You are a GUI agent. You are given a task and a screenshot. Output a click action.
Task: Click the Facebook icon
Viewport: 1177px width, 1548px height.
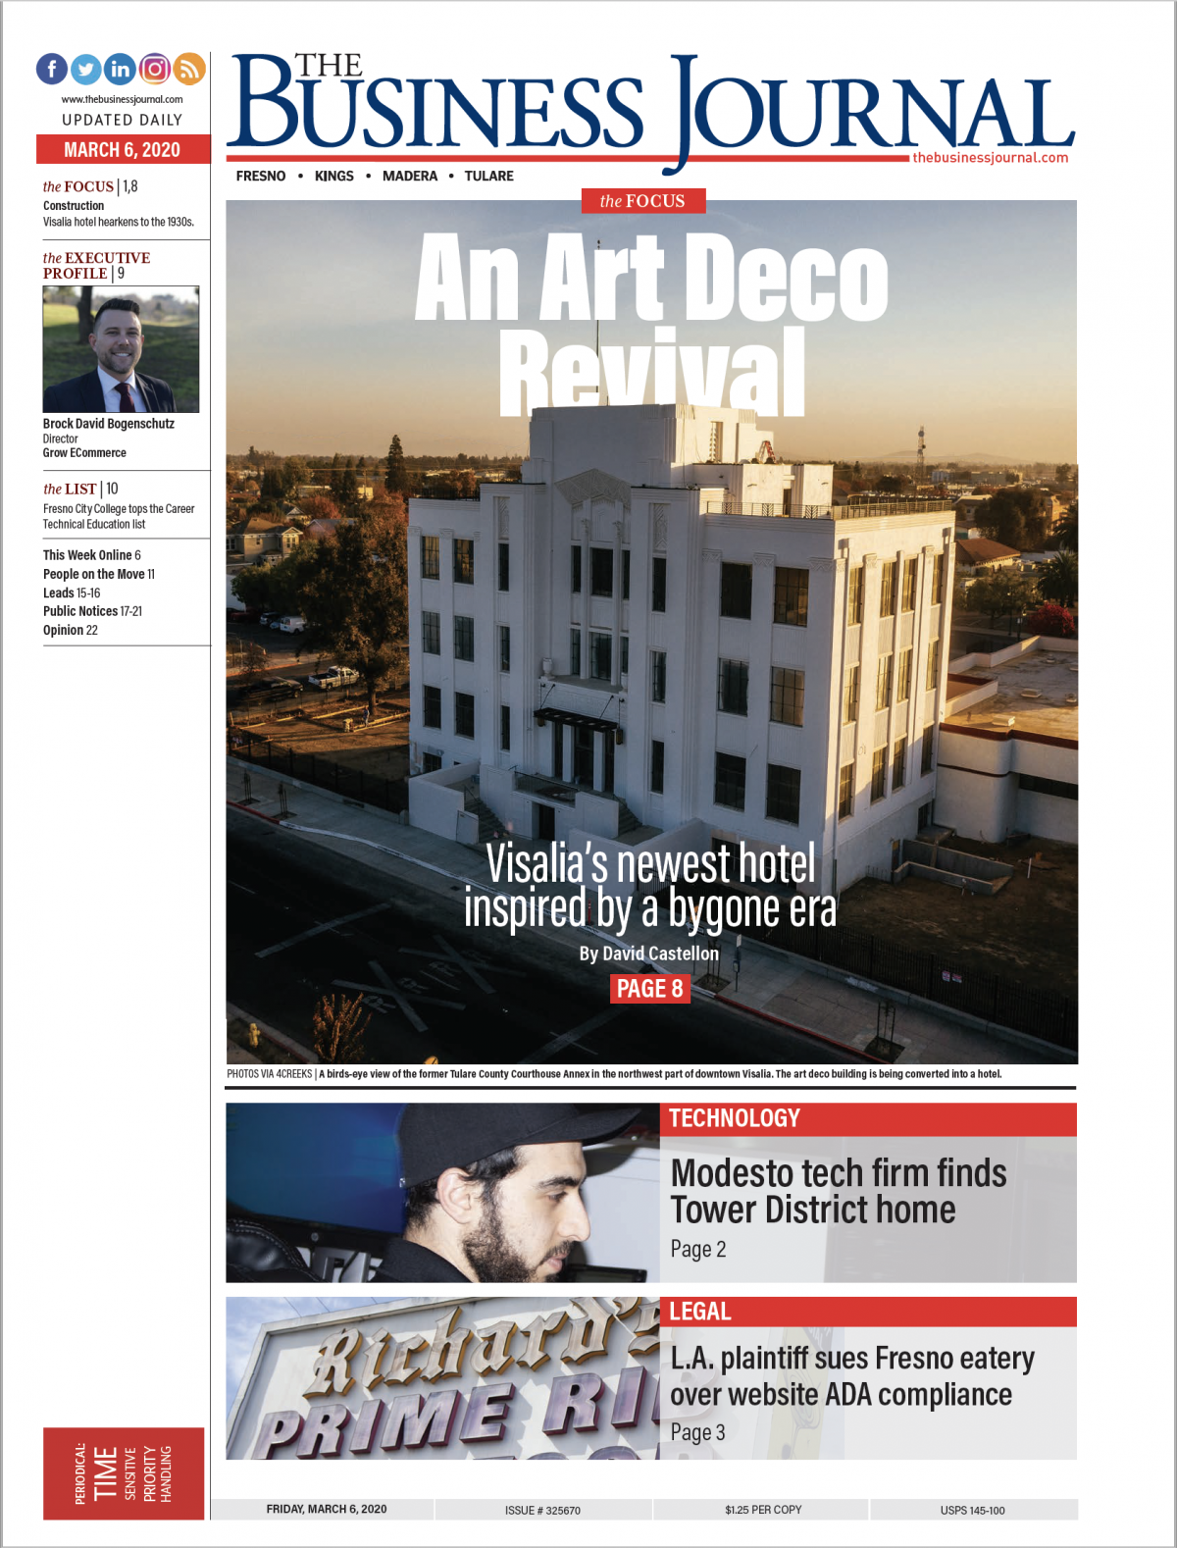(x=52, y=69)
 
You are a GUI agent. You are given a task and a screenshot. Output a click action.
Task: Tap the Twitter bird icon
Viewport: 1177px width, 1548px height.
(x=86, y=69)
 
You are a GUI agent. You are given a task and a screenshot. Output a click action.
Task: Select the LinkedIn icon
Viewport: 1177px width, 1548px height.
(x=121, y=69)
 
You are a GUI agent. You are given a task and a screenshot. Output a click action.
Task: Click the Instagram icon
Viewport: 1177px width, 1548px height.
(x=155, y=69)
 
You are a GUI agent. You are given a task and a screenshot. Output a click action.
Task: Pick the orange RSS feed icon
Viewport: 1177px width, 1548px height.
(x=189, y=69)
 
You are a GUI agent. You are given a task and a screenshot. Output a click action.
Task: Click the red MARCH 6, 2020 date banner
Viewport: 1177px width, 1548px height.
(x=123, y=149)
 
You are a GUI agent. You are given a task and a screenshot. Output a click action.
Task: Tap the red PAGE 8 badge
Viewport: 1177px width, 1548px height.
(x=649, y=989)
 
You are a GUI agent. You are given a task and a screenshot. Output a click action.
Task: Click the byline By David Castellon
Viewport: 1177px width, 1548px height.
(x=648, y=954)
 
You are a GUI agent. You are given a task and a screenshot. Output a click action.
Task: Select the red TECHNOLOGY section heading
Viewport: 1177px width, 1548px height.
(x=735, y=1118)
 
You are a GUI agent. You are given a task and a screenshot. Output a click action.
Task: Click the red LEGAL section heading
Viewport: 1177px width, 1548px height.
(x=700, y=1312)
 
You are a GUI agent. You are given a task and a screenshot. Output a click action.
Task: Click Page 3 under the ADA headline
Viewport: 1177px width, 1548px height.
(x=697, y=1432)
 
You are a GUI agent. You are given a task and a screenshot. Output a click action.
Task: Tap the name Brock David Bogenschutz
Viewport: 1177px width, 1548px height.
(x=109, y=424)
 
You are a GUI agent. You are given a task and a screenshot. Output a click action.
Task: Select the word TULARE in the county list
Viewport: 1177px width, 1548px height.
(x=488, y=177)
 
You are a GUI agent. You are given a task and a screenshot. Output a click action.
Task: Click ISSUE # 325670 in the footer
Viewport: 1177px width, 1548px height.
(x=542, y=1510)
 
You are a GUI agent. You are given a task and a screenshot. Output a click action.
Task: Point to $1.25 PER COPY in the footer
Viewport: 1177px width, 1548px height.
(x=763, y=1510)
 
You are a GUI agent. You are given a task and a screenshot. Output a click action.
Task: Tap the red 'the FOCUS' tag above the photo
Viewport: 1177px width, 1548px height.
(x=642, y=201)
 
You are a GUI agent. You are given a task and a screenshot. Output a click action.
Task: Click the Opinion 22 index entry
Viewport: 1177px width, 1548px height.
(x=71, y=630)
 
